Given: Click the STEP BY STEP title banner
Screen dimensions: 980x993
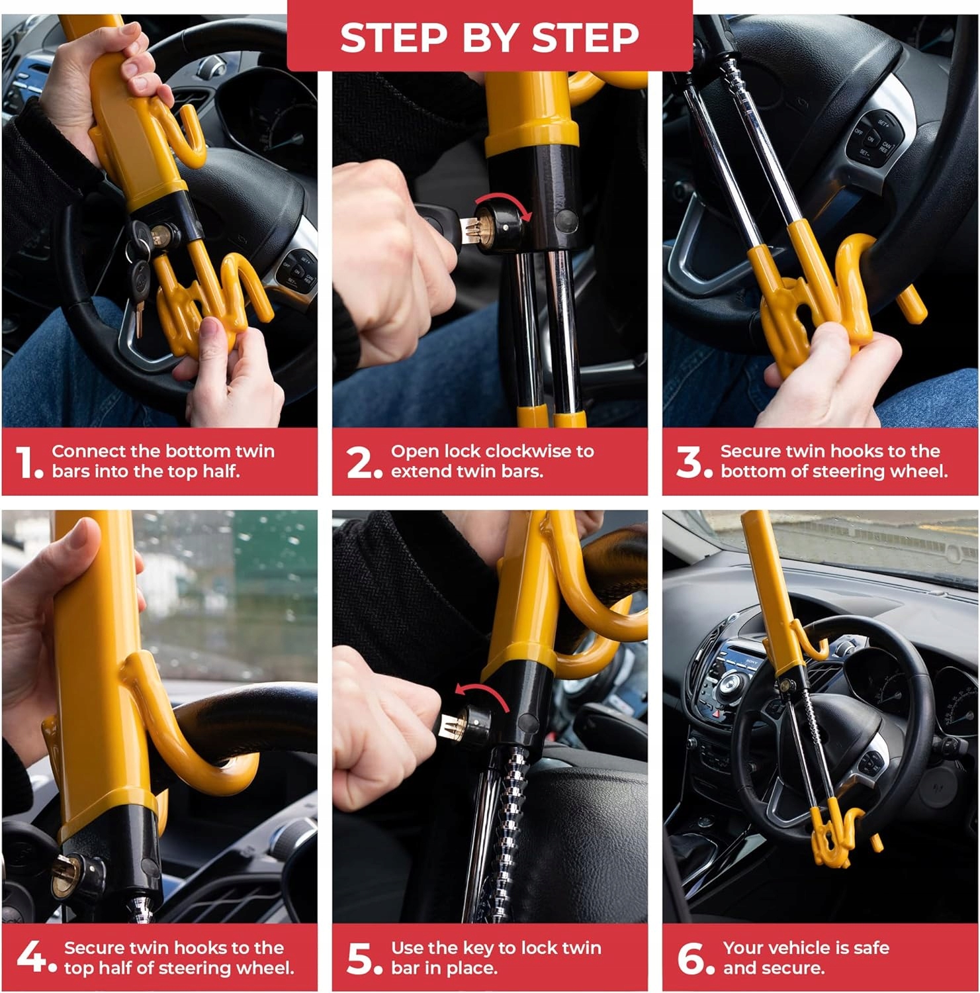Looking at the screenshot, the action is coord(490,36).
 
